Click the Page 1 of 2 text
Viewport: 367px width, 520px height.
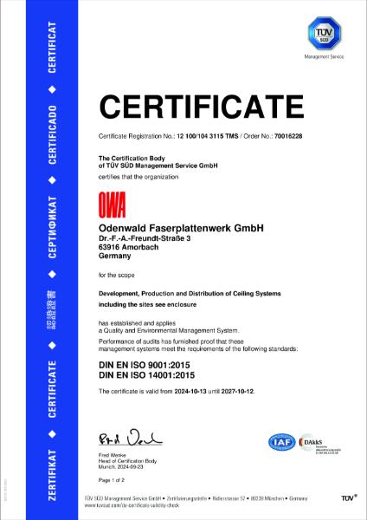point(113,479)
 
